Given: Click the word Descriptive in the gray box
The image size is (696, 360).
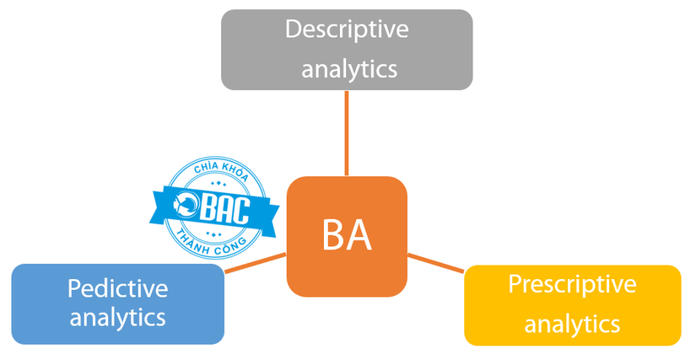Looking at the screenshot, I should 347,30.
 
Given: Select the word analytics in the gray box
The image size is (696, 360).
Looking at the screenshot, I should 347,67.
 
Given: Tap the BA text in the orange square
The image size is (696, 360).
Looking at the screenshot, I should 347,235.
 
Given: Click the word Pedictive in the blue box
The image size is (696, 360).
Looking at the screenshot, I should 117,288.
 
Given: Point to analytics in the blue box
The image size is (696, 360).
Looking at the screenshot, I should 117,318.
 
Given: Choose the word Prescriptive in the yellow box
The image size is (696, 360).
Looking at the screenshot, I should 572,284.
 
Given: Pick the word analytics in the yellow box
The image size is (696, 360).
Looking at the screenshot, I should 572,323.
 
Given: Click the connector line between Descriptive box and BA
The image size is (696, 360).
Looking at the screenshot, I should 346,132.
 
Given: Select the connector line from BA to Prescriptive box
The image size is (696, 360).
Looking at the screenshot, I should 435,261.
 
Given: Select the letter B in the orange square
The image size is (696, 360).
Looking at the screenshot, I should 332,235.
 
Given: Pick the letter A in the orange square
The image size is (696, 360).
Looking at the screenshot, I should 360,235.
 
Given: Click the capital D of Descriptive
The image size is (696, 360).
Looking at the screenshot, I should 293,30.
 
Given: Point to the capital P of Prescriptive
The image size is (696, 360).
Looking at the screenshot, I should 514,284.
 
